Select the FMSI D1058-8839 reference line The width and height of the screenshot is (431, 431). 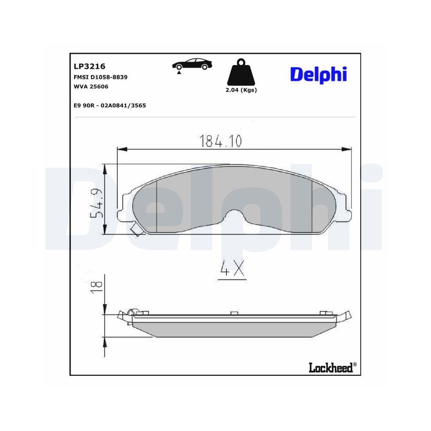pyautogui.click(x=101, y=77)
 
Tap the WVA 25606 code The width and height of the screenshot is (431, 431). pyautogui.click(x=91, y=87)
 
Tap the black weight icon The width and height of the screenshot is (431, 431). pyautogui.click(x=241, y=73)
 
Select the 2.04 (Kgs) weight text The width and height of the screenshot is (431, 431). pyautogui.click(x=241, y=90)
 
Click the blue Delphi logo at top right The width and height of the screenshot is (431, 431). pyautogui.click(x=318, y=74)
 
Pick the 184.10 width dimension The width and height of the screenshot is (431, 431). pyautogui.click(x=221, y=141)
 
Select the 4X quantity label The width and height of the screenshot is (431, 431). pyautogui.click(x=232, y=269)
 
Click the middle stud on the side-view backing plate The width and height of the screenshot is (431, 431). pyautogui.click(x=234, y=313)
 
